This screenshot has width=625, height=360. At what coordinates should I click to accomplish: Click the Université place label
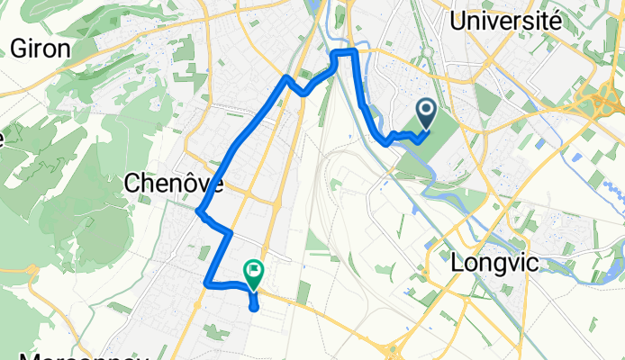click(510, 21)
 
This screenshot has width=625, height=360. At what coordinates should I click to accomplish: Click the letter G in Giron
click(19, 49)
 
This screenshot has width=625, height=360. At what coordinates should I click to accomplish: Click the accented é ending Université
click(556, 19)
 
